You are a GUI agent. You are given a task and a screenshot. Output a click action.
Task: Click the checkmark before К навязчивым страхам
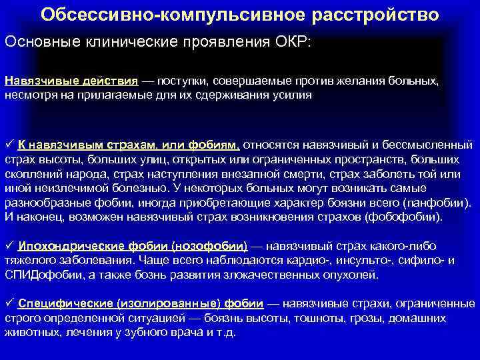pos(9,144)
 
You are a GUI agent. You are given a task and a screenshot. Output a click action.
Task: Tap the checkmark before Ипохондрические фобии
pos(9,246)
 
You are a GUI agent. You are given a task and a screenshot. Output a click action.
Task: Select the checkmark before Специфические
pos(9,303)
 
